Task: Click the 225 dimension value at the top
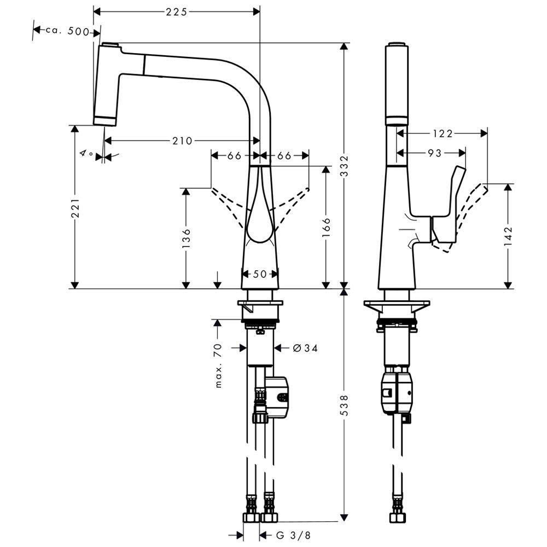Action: [x=177, y=11]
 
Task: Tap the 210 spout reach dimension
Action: [x=182, y=141]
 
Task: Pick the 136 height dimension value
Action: [x=186, y=238]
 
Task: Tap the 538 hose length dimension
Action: [x=344, y=404]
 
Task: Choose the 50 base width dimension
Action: [x=260, y=274]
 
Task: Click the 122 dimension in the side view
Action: [x=441, y=133]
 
